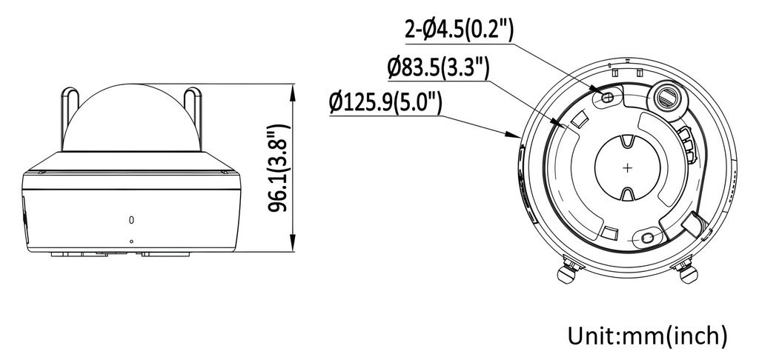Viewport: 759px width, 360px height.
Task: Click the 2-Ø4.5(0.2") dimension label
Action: coord(458,30)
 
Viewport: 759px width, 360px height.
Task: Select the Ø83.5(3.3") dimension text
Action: coord(438,68)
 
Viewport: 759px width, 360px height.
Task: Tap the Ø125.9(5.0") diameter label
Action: coord(385,102)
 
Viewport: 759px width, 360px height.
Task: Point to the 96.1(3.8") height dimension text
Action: coord(279,167)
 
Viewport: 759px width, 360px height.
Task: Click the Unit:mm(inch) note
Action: coord(647,336)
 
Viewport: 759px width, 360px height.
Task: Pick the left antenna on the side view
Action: coord(70,118)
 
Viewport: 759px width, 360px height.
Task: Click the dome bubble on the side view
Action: coord(132,118)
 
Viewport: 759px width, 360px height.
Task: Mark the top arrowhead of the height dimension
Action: coord(292,93)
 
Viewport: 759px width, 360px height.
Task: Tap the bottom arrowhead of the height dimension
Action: coord(292,243)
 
